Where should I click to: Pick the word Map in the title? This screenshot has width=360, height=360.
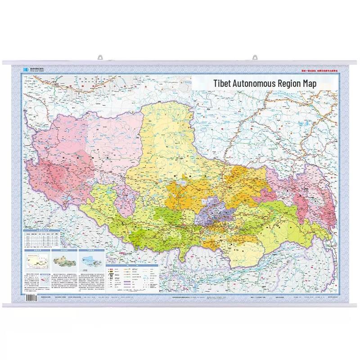click(318, 83)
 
